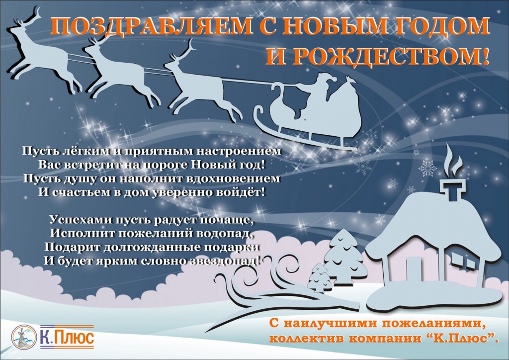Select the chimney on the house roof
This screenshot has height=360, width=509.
click(x=452, y=191)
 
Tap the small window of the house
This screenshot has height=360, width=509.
click(x=470, y=260)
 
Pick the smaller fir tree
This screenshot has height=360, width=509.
click(x=319, y=277)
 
